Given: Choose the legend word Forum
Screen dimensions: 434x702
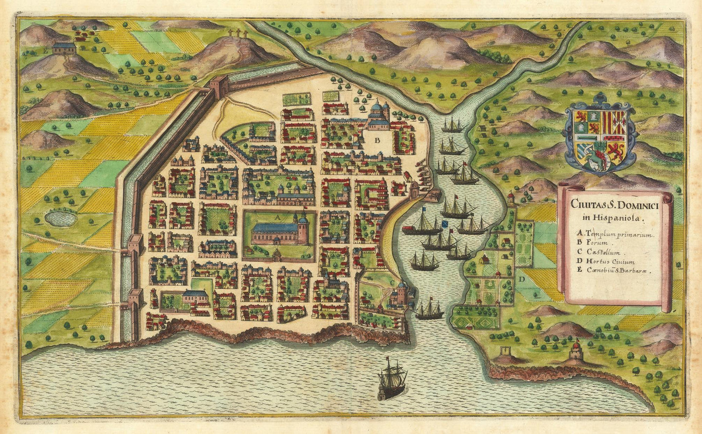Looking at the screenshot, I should [598, 243].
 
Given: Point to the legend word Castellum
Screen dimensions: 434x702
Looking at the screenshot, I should [603, 253].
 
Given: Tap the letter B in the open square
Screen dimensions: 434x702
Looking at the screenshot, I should [377, 140].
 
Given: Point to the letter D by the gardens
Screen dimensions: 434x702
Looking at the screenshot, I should [522, 279].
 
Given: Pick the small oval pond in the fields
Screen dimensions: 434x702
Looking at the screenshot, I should [61, 218].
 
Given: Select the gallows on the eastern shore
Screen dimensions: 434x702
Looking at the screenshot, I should [507, 352].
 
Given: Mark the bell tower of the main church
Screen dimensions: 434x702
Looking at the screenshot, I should [303, 228].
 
